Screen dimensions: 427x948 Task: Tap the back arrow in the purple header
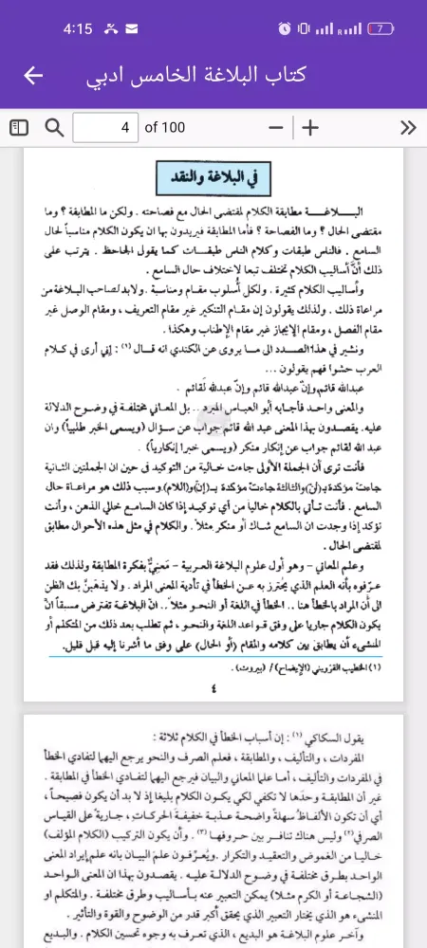pyautogui.click(x=34, y=75)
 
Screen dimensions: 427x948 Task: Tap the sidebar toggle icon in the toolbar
pyautogui.click(x=19, y=128)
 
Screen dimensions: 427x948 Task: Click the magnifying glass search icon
pyautogui.click(x=54, y=128)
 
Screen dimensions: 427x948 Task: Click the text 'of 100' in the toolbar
pyautogui.click(x=165, y=128)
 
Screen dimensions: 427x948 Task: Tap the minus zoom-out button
pyautogui.click(x=276, y=128)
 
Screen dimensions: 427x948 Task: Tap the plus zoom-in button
pyautogui.click(x=310, y=128)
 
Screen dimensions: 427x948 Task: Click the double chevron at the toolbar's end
pyautogui.click(x=408, y=128)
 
